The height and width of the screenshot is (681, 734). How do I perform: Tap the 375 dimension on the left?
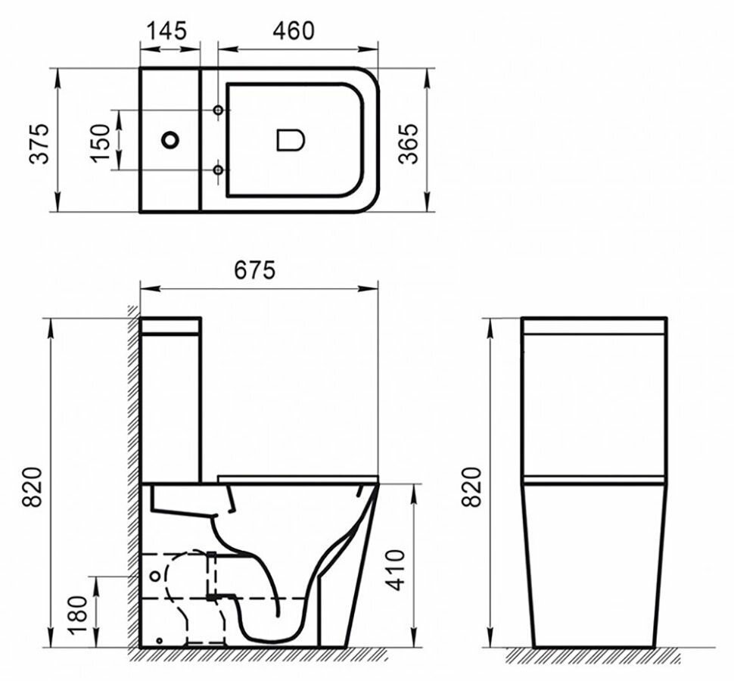[39, 141]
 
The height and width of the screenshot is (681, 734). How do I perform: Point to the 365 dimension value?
[409, 141]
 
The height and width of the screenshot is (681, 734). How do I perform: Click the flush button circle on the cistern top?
[171, 140]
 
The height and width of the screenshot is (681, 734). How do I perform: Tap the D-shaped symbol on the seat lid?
[290, 140]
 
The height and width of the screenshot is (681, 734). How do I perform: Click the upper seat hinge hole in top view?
[219, 110]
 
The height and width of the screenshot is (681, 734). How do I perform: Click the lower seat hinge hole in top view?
[219, 170]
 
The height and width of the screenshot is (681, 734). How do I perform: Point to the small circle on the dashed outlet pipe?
[155, 576]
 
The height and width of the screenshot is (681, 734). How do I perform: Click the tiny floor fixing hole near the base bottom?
[159, 641]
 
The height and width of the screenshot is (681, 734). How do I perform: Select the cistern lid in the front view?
[594, 325]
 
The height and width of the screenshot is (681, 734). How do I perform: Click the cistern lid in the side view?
[171, 325]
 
